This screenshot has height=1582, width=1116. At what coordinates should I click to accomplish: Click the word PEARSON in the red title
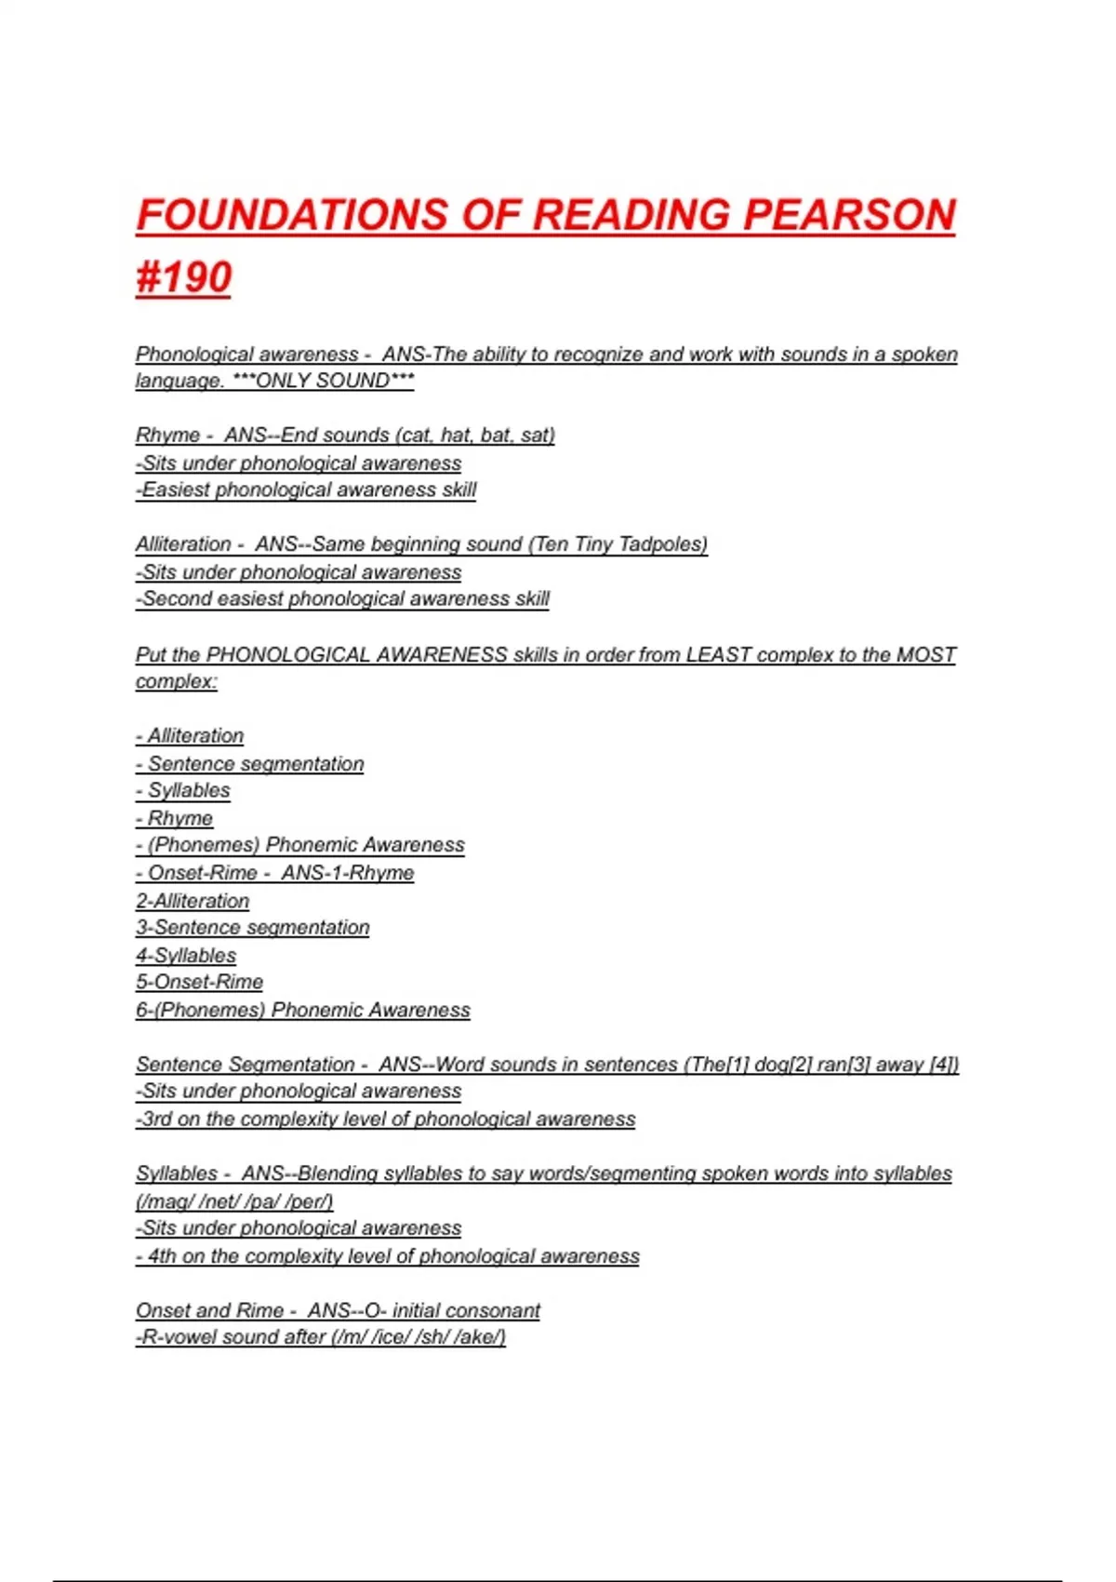click(848, 215)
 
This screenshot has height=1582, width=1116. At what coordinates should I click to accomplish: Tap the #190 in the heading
click(183, 277)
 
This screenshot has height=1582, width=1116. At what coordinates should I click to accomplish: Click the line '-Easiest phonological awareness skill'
click(306, 489)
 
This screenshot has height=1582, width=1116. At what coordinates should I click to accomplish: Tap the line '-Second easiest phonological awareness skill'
click(343, 598)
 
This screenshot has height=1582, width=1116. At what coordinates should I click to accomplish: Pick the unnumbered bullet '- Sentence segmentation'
click(250, 764)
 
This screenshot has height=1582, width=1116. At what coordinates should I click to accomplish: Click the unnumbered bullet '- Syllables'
click(183, 791)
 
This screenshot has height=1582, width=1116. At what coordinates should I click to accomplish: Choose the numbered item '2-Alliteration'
click(193, 901)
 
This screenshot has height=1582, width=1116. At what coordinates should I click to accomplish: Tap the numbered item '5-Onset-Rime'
click(199, 982)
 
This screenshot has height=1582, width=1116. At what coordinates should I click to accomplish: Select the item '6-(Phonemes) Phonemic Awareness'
click(303, 1010)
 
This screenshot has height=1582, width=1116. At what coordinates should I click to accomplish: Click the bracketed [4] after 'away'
click(944, 1065)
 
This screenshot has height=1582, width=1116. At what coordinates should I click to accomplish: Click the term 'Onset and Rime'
click(209, 1310)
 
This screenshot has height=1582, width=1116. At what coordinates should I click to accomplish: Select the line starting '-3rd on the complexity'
click(386, 1119)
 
